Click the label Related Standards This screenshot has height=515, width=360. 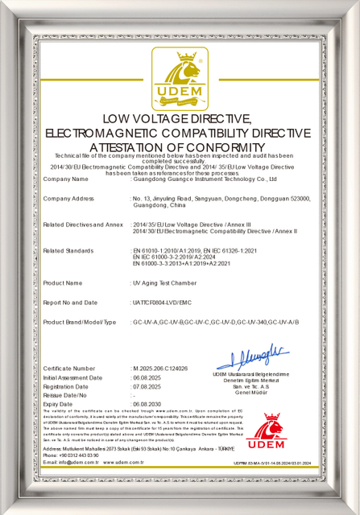68,251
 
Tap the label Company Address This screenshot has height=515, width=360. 68,198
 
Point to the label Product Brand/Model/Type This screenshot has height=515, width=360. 79,322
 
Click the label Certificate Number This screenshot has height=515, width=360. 68,368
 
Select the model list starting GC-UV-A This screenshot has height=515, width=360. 215,322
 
